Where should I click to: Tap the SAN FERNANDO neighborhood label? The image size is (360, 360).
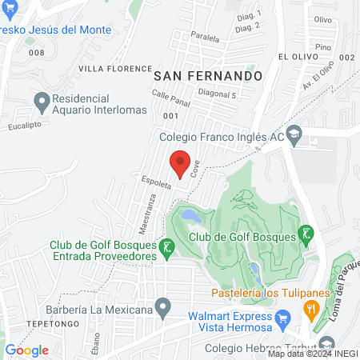click(x=208, y=75)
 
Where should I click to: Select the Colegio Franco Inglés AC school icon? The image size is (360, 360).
click(x=294, y=133)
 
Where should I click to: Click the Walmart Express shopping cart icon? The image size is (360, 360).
click(x=282, y=321)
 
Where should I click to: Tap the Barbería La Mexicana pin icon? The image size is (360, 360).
click(x=164, y=306)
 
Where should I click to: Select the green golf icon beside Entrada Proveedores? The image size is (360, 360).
click(x=166, y=250)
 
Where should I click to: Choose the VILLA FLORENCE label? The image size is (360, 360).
click(x=114, y=69)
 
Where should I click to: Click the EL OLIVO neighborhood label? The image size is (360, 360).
click(x=301, y=58)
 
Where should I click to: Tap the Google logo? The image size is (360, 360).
click(x=27, y=350)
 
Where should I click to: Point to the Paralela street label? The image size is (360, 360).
click(x=205, y=37)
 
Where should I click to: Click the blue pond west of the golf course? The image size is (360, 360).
click(x=190, y=215)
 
